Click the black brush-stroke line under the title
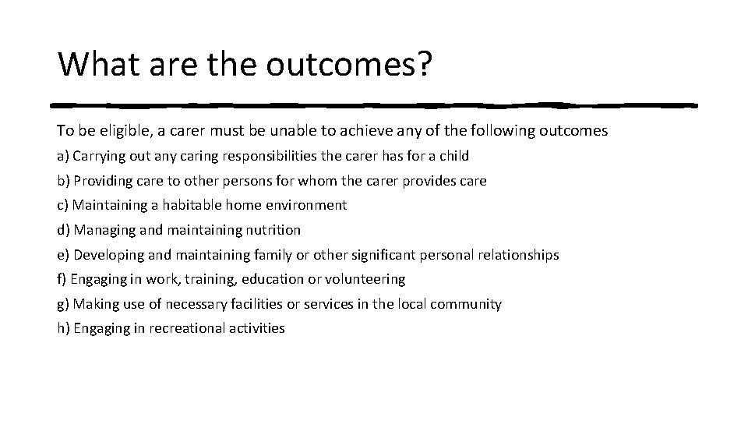pyautogui.click(x=374, y=104)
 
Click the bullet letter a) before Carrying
pyautogui.click(x=64, y=156)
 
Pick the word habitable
pyautogui.click(x=194, y=205)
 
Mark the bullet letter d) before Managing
pyautogui.click(x=64, y=230)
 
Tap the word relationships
pyautogui.click(x=517, y=255)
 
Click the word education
pyautogui.click(x=273, y=279)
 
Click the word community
pyautogui.click(x=466, y=304)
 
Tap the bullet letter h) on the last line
pyautogui.click(x=64, y=328)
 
